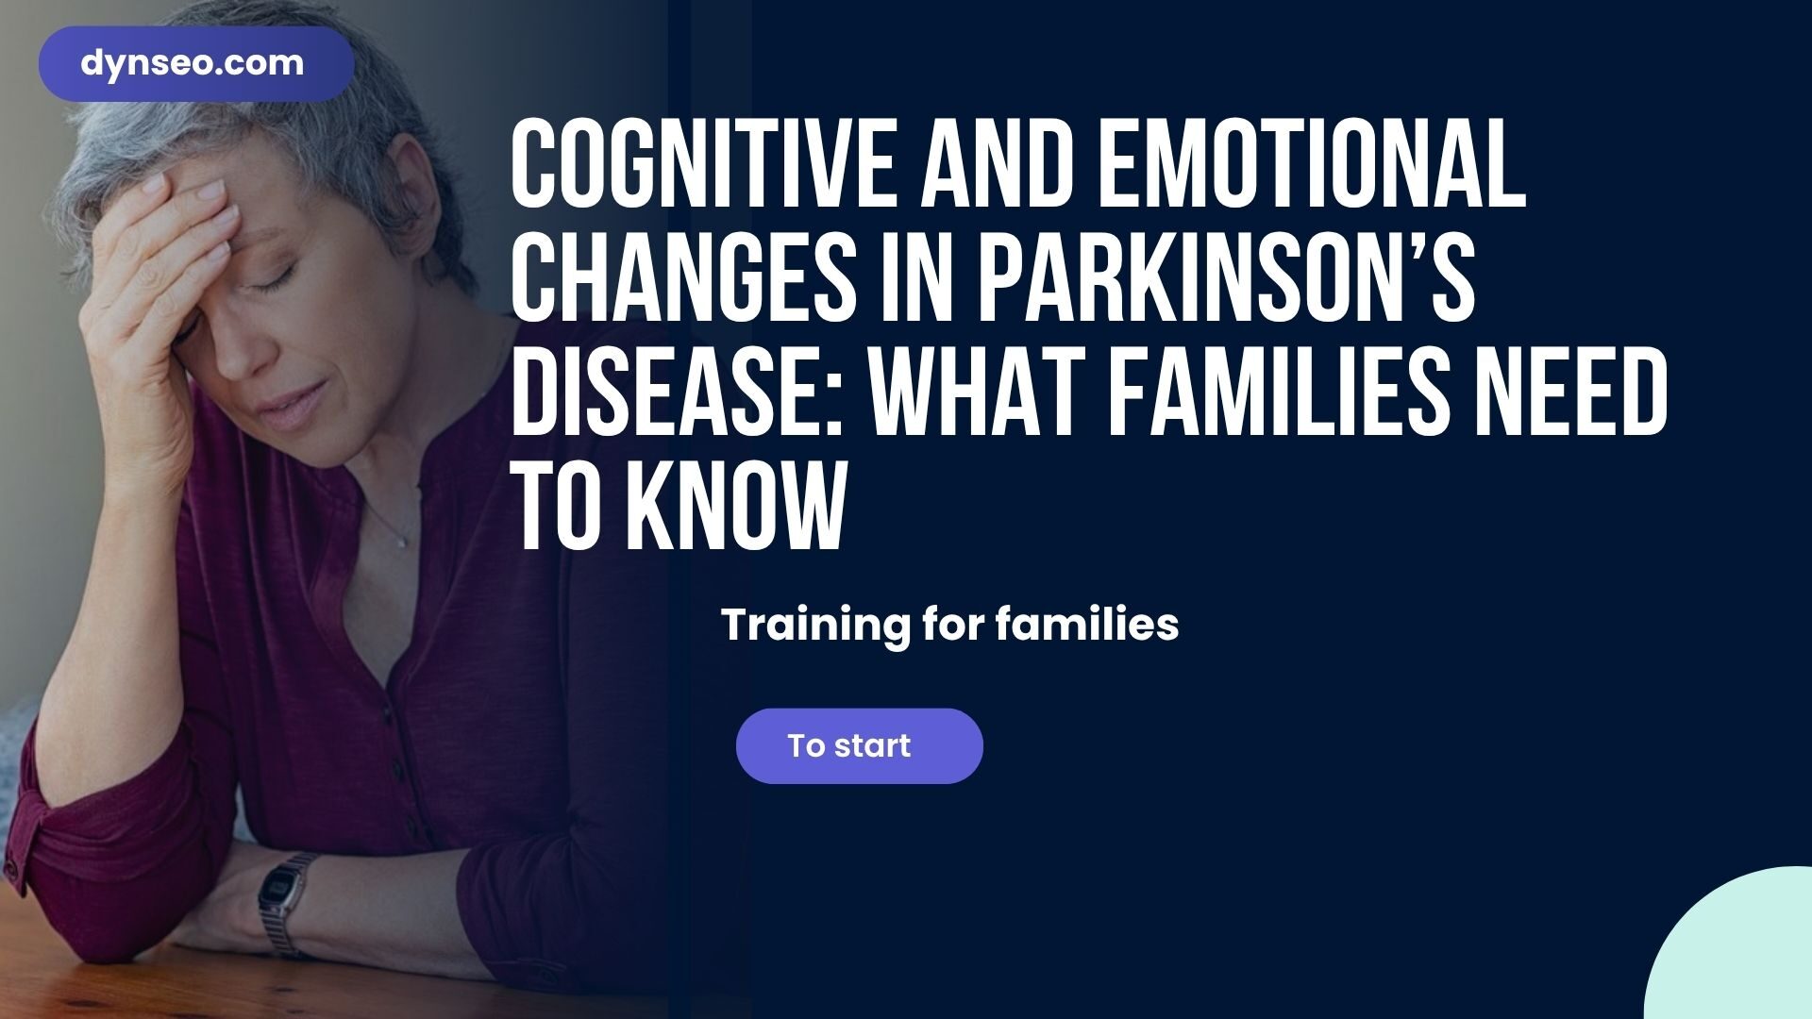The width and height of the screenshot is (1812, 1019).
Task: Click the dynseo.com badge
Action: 196,64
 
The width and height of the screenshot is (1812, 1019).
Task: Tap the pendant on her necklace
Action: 403,542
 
